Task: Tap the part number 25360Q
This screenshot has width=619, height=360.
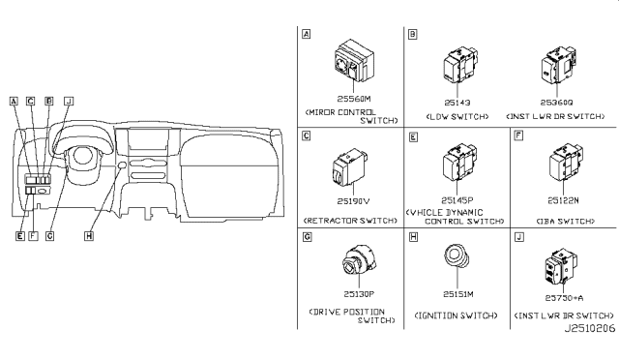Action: click(x=558, y=101)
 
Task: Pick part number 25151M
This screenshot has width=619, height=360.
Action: click(x=456, y=293)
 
